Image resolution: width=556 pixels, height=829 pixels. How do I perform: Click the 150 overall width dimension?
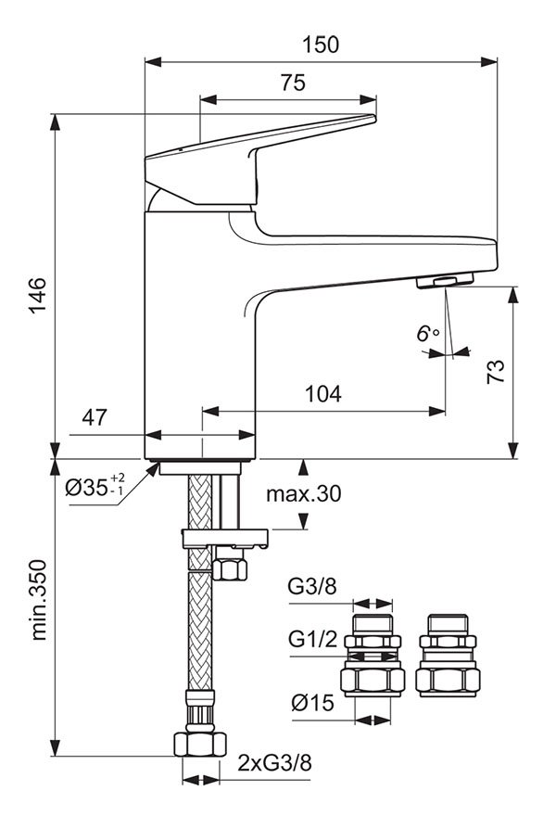pos(321,45)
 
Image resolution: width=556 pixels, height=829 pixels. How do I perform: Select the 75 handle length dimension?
pos(293,83)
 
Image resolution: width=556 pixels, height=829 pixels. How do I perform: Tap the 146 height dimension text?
pos(37,295)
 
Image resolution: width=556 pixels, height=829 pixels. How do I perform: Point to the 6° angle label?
pos(427,334)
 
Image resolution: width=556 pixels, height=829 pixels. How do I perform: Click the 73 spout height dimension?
pos(496,372)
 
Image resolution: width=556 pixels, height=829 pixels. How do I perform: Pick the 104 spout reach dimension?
pos(322,394)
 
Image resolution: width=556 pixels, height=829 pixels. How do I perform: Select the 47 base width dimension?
pos(95,417)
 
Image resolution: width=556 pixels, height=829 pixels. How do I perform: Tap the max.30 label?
pos(304,493)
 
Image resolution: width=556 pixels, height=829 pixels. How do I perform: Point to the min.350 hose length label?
pos(39,600)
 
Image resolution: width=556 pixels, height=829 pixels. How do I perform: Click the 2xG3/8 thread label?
pos(274,763)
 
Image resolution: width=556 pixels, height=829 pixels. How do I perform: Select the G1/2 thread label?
pos(312,639)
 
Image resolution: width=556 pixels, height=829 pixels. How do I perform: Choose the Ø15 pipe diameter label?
pos(313,703)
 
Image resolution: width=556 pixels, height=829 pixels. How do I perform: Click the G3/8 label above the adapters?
pos(312,586)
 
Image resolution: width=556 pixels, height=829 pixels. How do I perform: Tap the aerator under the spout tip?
pos(445,281)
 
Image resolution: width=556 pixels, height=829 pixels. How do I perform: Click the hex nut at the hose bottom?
pos(200,744)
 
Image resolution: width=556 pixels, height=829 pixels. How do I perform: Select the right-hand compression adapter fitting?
pos(448,655)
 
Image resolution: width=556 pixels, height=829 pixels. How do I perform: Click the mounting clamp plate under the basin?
pos(224,538)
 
